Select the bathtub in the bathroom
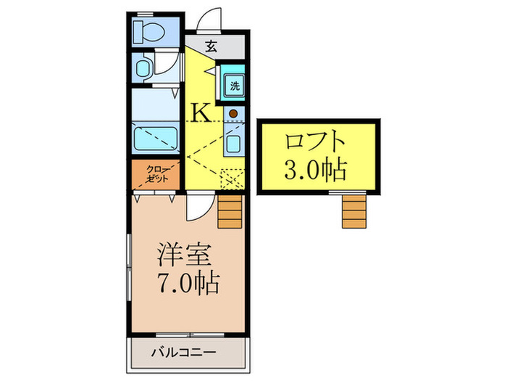[x=156, y=138]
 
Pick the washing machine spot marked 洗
[x=235, y=86]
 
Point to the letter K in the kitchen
[x=202, y=112]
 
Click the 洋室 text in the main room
[x=185, y=255]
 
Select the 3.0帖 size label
[x=314, y=171]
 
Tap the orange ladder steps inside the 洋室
[x=230, y=211]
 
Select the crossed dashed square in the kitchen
[x=232, y=179]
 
